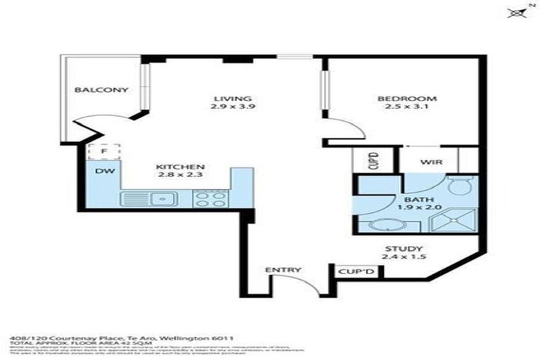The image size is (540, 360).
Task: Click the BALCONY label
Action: click(102, 90)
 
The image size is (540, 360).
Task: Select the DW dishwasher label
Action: click(104, 170)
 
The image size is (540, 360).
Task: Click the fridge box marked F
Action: click(103, 150)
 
